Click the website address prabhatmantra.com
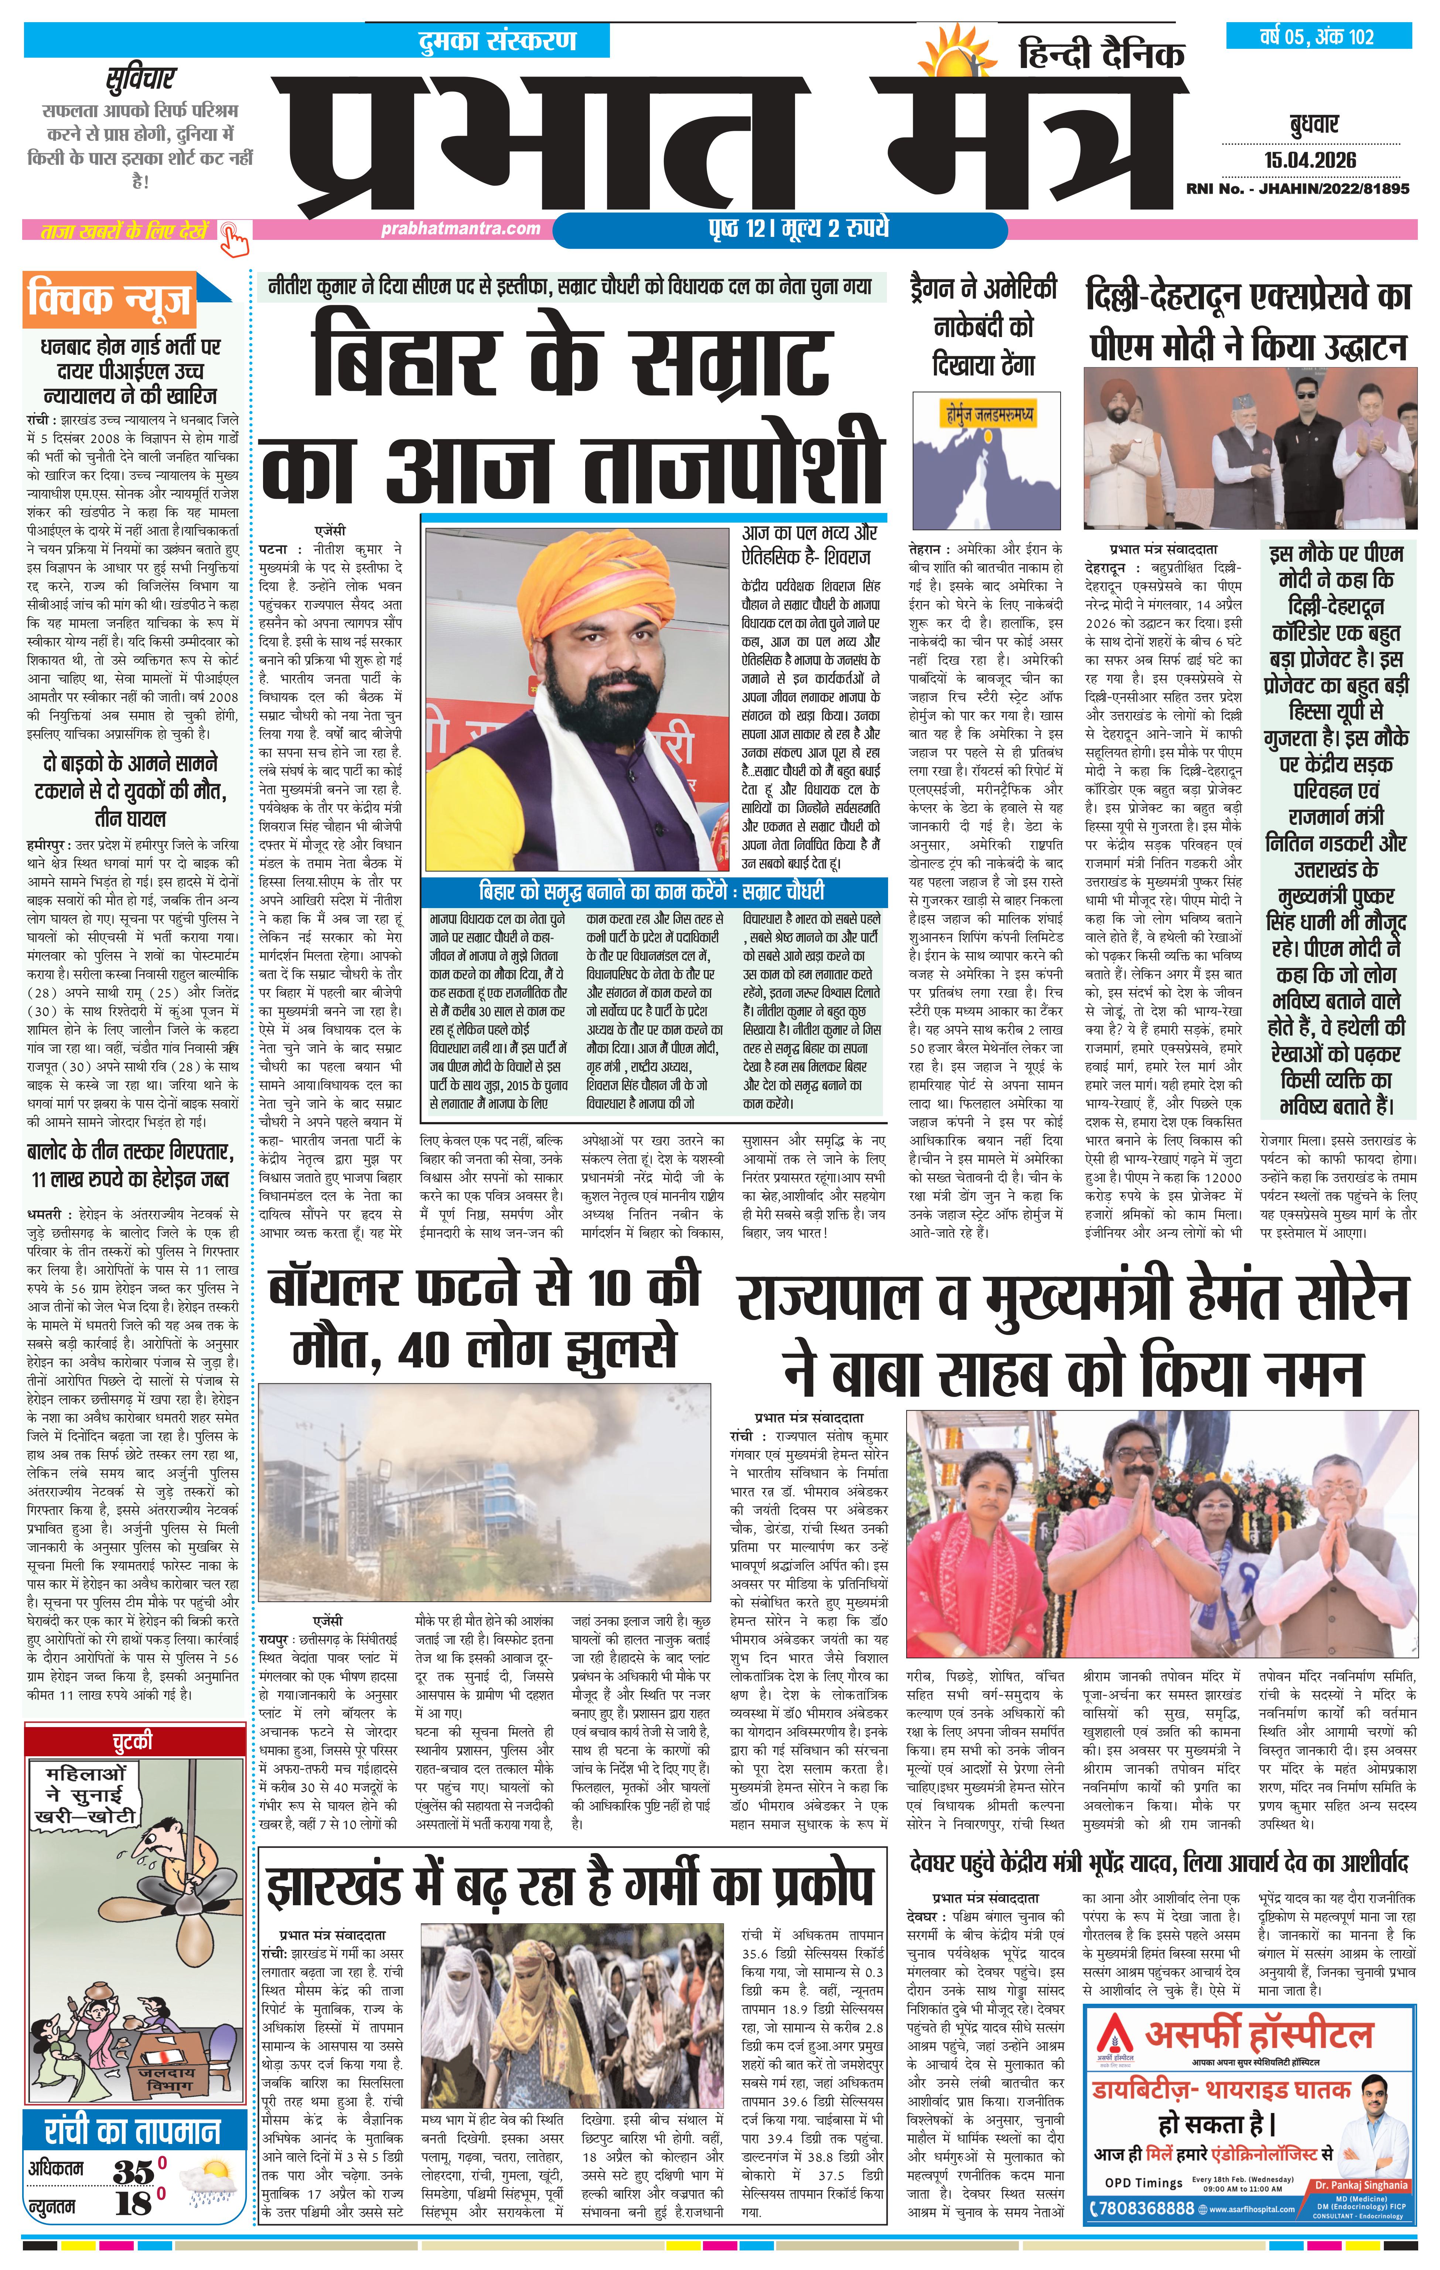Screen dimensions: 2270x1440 pyautogui.click(x=461, y=228)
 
